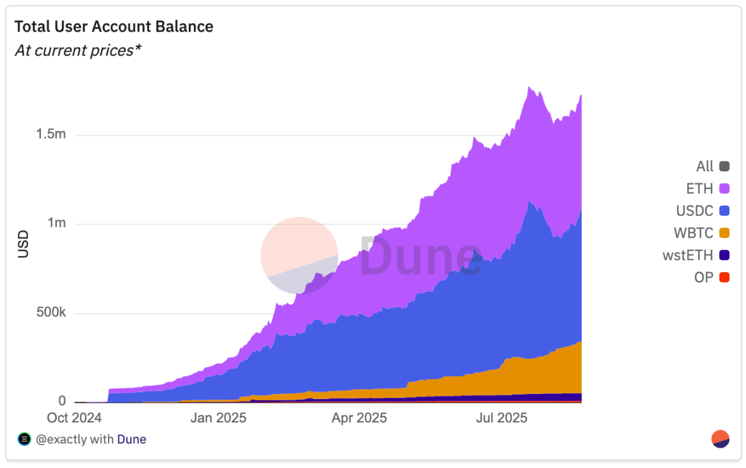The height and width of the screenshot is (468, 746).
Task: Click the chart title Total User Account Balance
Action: coord(114,27)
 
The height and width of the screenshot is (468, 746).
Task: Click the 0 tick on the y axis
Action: coord(63,402)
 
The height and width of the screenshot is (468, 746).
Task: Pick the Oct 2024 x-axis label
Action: coord(75,418)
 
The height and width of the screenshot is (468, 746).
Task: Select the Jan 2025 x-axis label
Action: coord(219,418)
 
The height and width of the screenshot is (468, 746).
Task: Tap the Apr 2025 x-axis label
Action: coord(359,418)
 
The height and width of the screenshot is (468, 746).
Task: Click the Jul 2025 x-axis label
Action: coord(500,418)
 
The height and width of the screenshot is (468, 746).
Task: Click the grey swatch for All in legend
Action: coord(724,166)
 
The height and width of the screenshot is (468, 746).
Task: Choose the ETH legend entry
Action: coord(699,188)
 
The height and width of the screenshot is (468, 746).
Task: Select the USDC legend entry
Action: coord(694,211)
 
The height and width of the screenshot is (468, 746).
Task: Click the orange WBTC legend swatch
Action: coord(724,233)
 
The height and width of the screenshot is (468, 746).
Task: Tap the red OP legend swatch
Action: coord(724,277)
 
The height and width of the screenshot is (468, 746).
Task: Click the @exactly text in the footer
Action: coord(61,439)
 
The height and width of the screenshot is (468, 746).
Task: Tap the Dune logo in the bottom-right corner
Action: coord(721,439)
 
